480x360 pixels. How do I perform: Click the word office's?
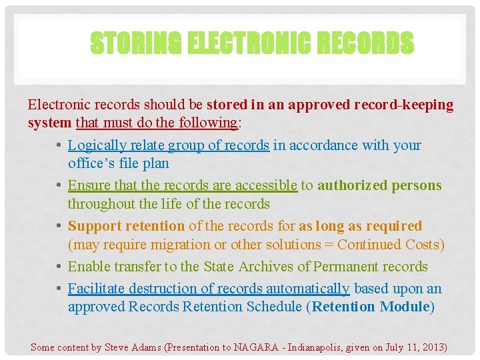pos(90,163)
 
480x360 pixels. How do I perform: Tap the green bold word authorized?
pos(351,185)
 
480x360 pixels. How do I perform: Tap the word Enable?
pos(89,267)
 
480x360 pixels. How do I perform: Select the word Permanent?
pos(338,267)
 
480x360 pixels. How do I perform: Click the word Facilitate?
pos(95,289)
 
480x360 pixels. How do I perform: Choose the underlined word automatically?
pos(307,289)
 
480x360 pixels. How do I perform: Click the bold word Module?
pos(404,307)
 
